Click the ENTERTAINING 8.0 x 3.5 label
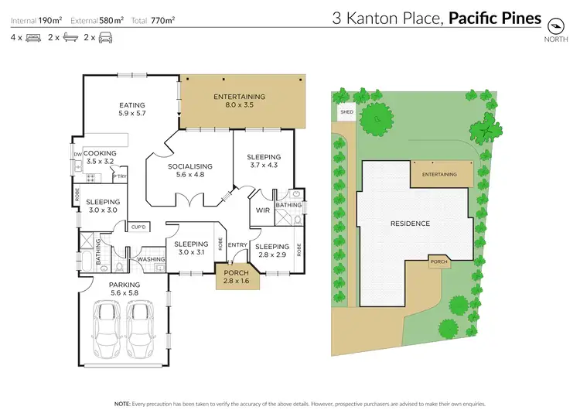click(x=239, y=101)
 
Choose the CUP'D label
click(x=139, y=227)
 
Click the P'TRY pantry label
click(x=119, y=177)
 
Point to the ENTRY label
click(x=237, y=245)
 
